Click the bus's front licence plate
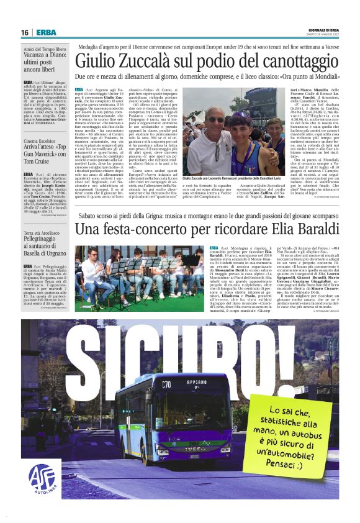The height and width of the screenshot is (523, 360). click(194, 457)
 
